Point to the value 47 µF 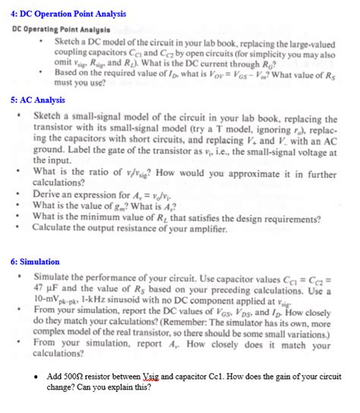(x=49, y=289)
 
